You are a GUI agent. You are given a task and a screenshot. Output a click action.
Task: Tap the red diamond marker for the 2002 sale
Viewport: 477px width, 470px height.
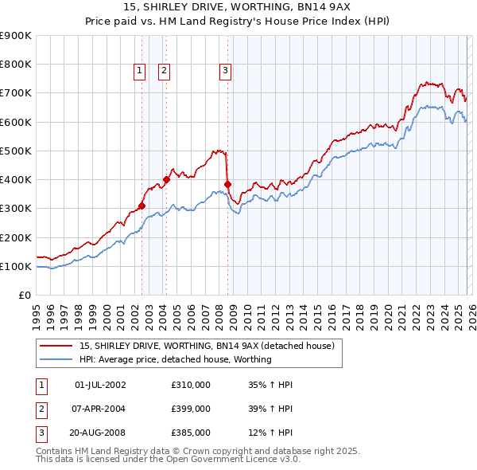pyautogui.click(x=142, y=206)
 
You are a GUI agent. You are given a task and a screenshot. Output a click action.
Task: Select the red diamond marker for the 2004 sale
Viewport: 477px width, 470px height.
pyautogui.click(x=167, y=179)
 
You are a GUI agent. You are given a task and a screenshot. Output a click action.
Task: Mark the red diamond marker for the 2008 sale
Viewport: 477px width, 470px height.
pyautogui.click(x=228, y=184)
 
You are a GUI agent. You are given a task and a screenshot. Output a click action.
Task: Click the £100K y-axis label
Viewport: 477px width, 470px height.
pyautogui.click(x=15, y=266)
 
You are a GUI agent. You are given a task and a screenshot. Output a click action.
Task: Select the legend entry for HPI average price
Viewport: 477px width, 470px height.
pyautogui.click(x=175, y=359)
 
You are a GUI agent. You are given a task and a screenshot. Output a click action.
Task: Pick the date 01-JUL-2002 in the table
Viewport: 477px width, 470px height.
pyautogui.click(x=99, y=385)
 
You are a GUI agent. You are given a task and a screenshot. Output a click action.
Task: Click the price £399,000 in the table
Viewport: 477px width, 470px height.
pyautogui.click(x=191, y=409)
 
